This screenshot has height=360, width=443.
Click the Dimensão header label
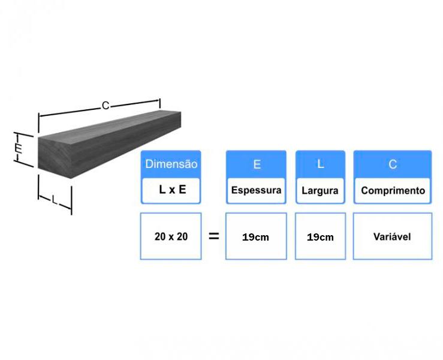point(171,164)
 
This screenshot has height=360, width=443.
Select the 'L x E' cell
point(171,190)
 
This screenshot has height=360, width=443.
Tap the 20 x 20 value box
point(171,236)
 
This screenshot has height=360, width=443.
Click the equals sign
point(213,236)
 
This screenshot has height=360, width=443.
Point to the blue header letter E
point(257,164)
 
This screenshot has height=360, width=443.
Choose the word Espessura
point(256,190)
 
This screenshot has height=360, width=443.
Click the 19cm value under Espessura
point(255,237)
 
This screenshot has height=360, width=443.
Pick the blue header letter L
point(320,164)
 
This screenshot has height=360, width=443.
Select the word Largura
point(320,191)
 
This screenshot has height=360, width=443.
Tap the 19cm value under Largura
point(320,237)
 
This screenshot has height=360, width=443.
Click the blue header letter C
point(393,164)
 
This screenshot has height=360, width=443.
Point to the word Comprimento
point(393,191)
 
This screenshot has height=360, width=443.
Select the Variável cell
point(393,236)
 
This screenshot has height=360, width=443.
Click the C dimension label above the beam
point(106,106)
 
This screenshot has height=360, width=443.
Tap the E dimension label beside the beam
point(19,148)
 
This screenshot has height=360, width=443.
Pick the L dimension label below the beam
point(55,200)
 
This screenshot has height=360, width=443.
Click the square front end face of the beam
point(55,158)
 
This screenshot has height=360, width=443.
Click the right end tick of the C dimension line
point(159,103)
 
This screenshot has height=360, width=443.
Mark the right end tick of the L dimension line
point(71,200)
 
